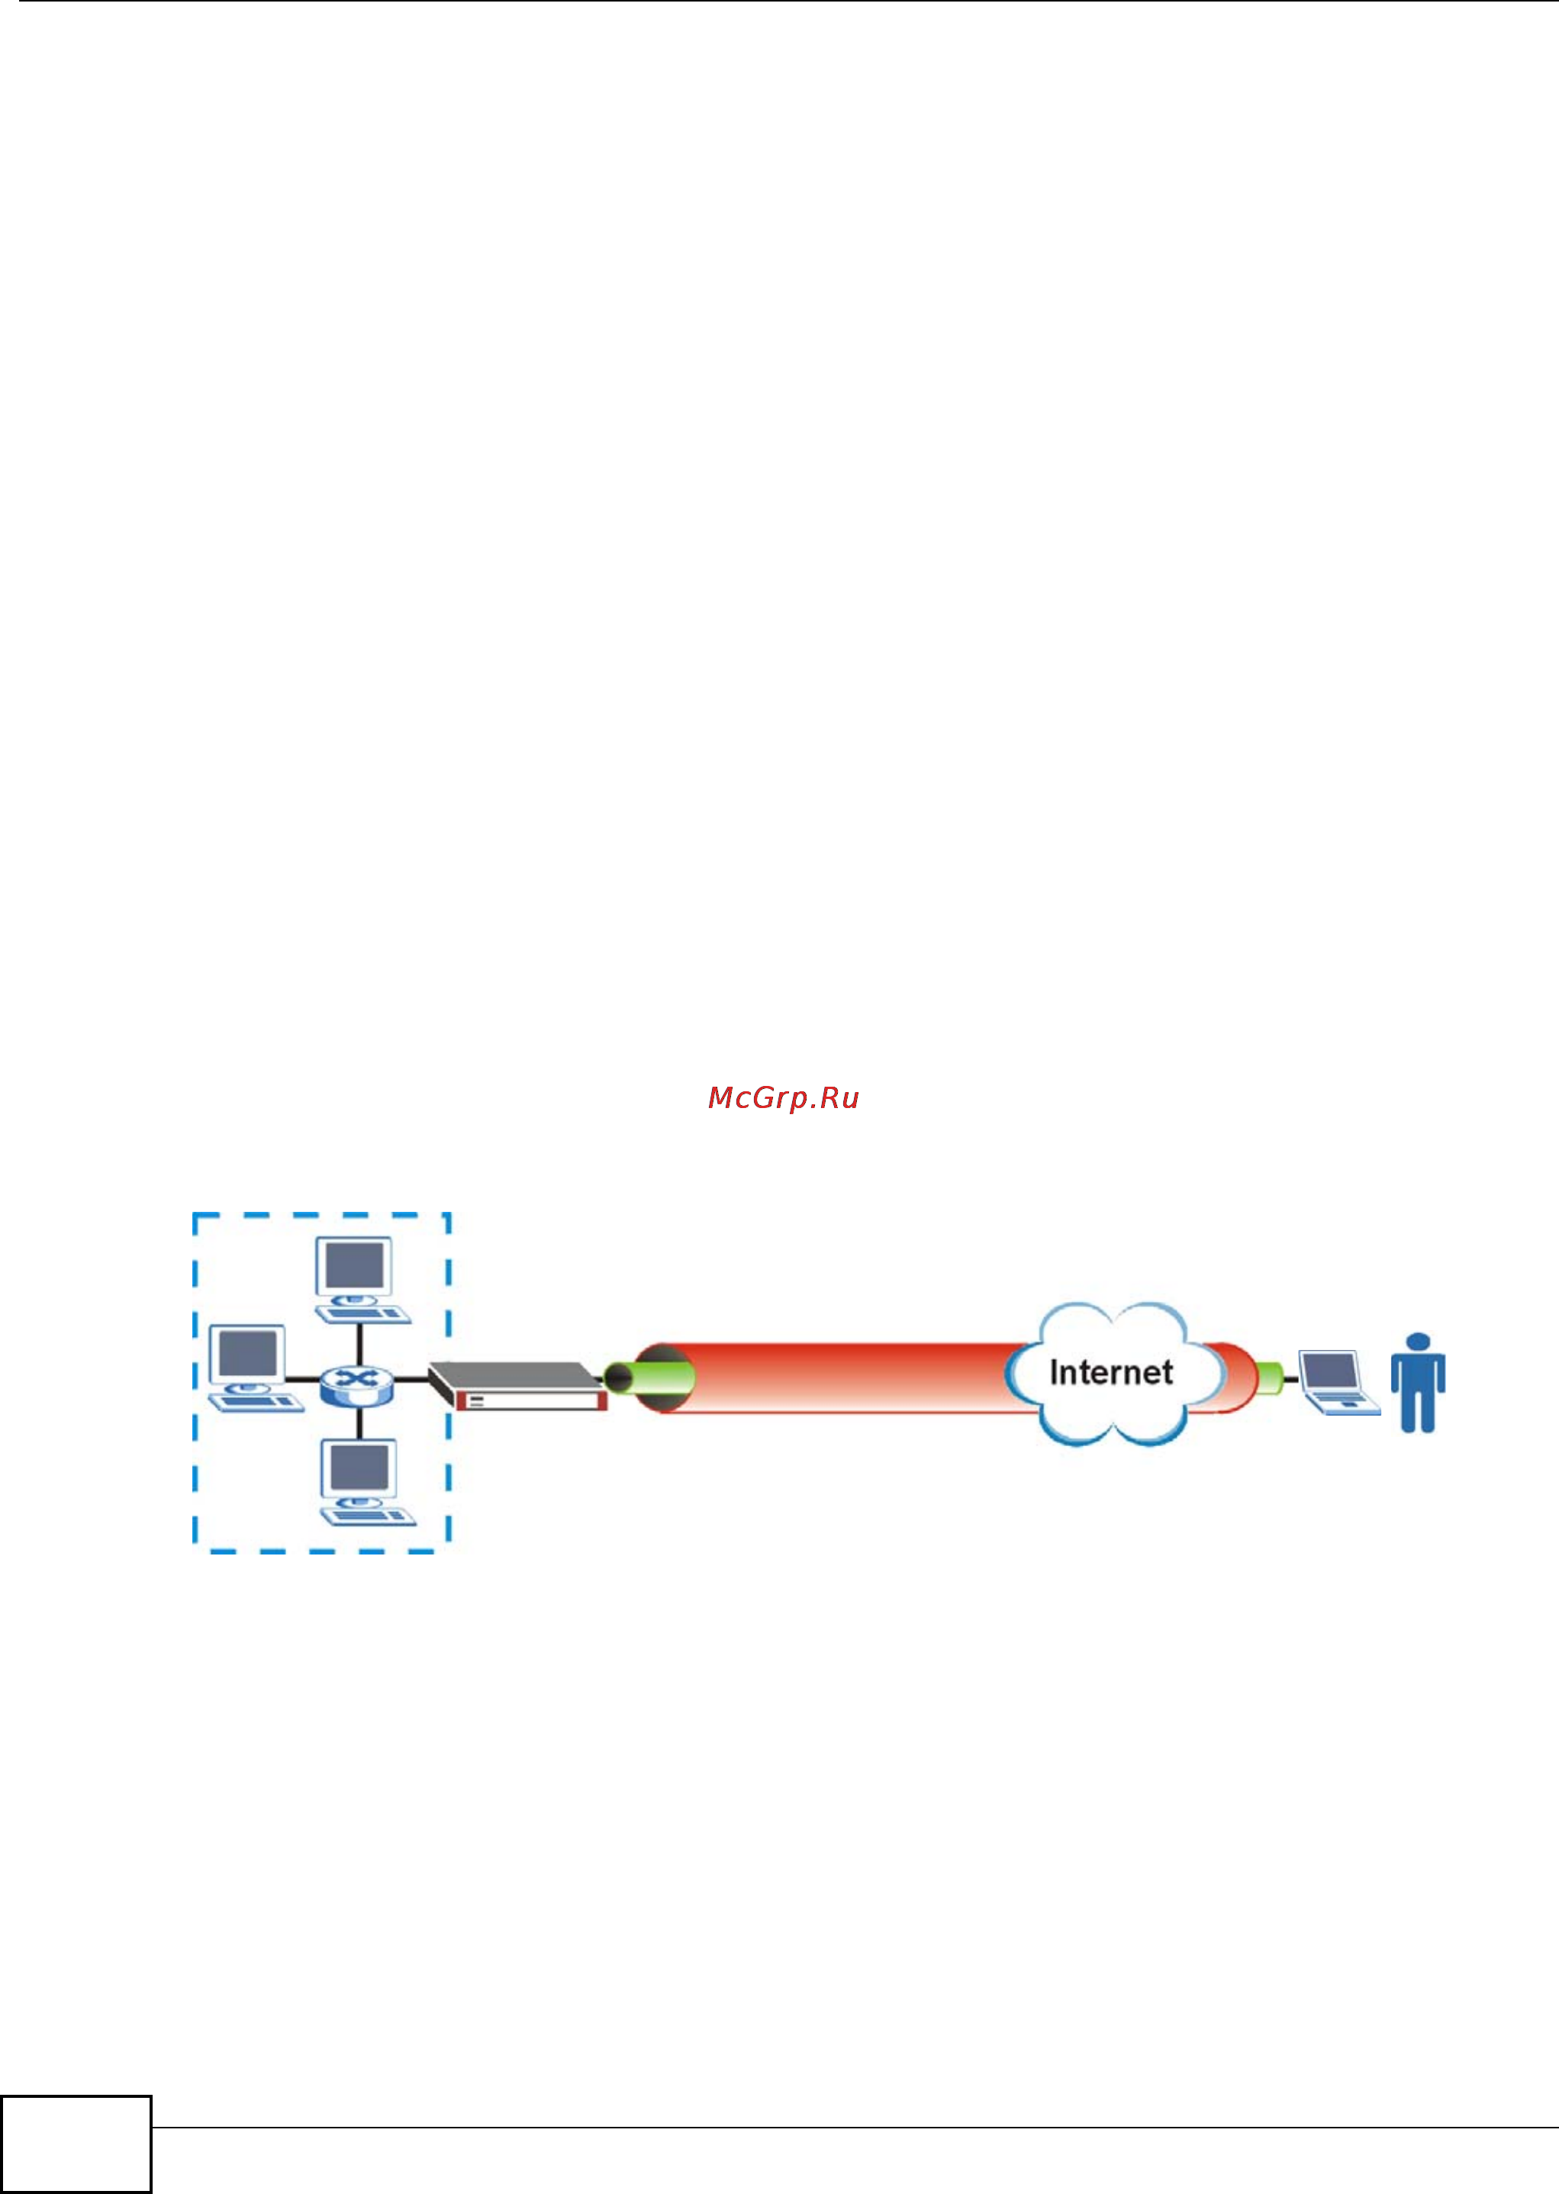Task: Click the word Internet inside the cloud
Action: (x=1111, y=1372)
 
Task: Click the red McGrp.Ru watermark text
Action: (x=784, y=1098)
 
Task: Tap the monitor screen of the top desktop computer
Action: (x=354, y=1266)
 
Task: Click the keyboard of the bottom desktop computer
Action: (x=368, y=1516)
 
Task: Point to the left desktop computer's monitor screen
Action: (x=248, y=1355)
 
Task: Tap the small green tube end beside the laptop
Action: (x=1269, y=1379)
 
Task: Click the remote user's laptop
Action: (x=1336, y=1382)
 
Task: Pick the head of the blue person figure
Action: (x=1418, y=1341)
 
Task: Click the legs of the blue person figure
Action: (x=1418, y=1411)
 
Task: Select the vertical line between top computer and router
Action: (x=359, y=1344)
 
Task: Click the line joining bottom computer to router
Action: (x=359, y=1422)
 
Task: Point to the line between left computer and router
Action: (x=301, y=1381)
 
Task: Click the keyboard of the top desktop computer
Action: (x=365, y=1313)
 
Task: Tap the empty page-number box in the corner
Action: (x=76, y=2143)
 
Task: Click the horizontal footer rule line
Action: (x=855, y=2128)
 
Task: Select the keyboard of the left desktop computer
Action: (x=257, y=1401)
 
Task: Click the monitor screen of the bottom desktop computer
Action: (x=359, y=1467)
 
